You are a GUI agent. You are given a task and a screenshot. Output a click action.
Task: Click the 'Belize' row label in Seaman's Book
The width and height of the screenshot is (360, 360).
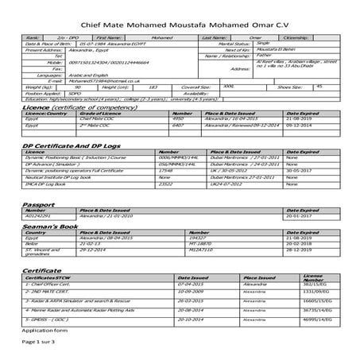pyautogui.click(x=33, y=243)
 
